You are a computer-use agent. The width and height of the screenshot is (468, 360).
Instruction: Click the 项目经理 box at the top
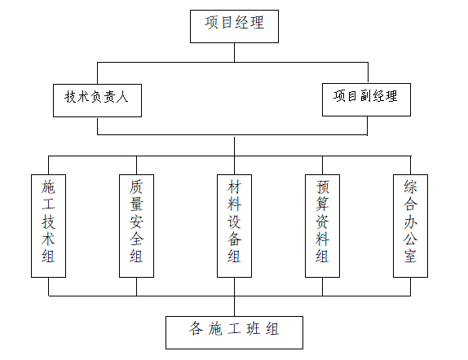(x=234, y=25)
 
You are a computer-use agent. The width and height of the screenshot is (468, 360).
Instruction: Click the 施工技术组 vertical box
(x=48, y=226)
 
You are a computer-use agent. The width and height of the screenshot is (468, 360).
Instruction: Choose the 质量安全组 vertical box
(x=136, y=226)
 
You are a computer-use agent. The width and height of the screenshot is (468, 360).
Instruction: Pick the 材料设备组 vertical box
(x=234, y=226)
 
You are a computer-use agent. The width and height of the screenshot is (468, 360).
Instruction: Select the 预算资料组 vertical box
(x=322, y=226)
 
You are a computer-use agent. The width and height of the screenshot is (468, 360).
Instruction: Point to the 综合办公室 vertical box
(x=410, y=226)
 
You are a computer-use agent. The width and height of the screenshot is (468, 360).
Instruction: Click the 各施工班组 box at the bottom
(x=235, y=331)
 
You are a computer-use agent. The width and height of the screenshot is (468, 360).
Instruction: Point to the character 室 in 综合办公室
(x=410, y=257)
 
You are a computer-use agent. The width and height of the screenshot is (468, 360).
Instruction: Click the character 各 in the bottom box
(x=196, y=330)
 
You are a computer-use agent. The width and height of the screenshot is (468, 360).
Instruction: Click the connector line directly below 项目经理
(x=235, y=51)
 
